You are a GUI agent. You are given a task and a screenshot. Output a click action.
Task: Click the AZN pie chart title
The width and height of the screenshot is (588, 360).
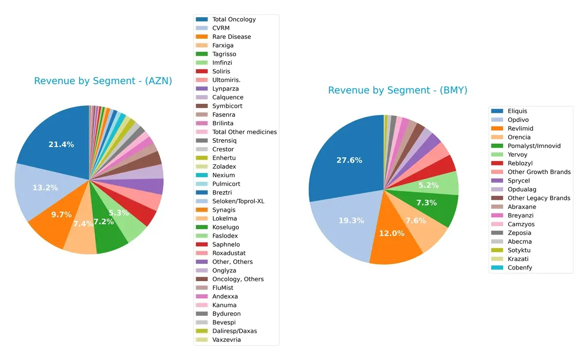pyautogui.click(x=103, y=81)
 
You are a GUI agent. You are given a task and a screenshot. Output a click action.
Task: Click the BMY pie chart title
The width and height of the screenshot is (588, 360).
pyautogui.click(x=397, y=91)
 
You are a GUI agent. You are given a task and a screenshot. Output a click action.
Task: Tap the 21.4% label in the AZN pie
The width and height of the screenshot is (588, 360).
pyautogui.click(x=61, y=144)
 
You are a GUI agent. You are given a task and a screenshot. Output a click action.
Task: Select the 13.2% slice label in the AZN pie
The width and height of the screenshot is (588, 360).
pyautogui.click(x=45, y=188)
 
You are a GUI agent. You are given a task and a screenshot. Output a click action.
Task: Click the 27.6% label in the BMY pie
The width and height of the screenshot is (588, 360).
pyautogui.click(x=349, y=160)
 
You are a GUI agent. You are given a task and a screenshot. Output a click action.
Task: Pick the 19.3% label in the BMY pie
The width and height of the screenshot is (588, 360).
pyautogui.click(x=351, y=221)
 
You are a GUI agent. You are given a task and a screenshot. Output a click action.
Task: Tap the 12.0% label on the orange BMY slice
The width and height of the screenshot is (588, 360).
pyautogui.click(x=392, y=233)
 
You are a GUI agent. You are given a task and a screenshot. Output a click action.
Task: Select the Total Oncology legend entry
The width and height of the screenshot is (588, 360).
pyautogui.click(x=234, y=20)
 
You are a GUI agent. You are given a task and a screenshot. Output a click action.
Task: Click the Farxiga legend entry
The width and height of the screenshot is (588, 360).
pyautogui.click(x=222, y=46)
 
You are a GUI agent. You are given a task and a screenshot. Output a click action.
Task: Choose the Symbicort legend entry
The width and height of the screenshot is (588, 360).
pyautogui.click(x=227, y=106)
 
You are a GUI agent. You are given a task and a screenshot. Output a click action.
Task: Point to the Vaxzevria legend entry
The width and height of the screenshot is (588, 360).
pyautogui.click(x=226, y=340)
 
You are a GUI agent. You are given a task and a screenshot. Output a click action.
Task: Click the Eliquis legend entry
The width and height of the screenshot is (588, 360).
pyautogui.click(x=517, y=111)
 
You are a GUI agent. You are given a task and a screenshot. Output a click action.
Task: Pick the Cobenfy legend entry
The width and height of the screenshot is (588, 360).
pyautogui.click(x=519, y=268)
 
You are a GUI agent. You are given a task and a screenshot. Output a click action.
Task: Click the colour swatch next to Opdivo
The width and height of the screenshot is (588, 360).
pyautogui.click(x=497, y=120)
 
